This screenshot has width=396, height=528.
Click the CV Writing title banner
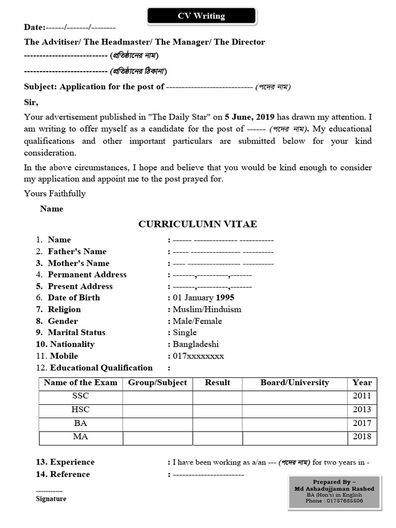coord(201,16)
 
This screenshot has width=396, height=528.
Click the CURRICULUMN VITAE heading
coord(197,224)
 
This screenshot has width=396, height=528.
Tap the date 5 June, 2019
coord(250,117)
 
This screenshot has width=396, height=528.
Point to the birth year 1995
coord(225,298)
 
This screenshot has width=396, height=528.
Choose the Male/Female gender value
coord(197,321)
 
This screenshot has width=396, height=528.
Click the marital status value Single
coord(185,333)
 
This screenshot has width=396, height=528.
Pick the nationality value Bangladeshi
coord(195,344)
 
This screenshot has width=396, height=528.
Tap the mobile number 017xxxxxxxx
coord(198,356)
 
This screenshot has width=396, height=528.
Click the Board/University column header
coord(294,383)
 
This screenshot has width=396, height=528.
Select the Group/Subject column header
coord(157,383)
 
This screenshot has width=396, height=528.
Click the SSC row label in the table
coord(80,396)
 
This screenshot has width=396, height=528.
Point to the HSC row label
coord(80,409)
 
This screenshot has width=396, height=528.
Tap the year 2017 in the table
coord(362,423)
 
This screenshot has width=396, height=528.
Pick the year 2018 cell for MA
coord(362,437)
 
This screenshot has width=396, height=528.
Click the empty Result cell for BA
coord(217,423)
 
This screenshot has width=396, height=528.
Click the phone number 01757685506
coord(334,500)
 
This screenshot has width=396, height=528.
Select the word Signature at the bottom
coord(51,499)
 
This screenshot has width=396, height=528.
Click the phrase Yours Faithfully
coord(55,193)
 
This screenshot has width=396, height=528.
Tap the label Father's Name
coord(77,252)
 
